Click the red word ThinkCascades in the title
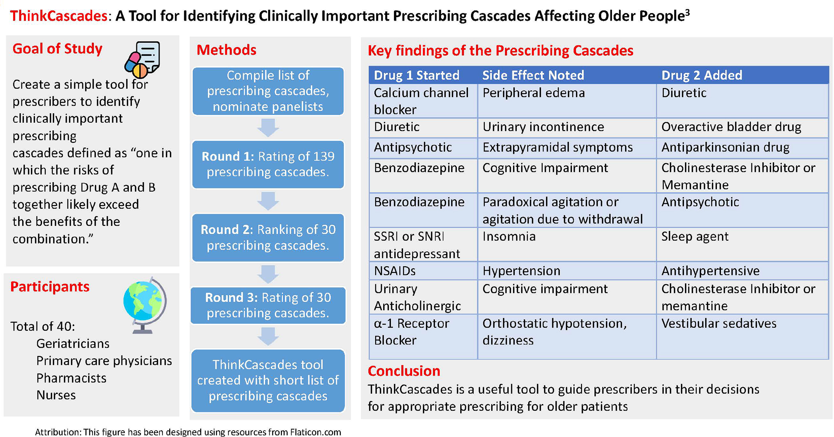coord(58,16)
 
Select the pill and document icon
coord(142,60)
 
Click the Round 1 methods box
coord(268,164)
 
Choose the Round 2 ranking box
coord(268,237)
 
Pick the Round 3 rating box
coord(268,305)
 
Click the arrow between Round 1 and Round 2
coord(268,201)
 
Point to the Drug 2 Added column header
coord(702,75)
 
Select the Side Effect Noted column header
coord(533,75)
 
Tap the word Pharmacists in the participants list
coord(71,378)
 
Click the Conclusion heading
coord(404,371)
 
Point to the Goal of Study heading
coord(58,48)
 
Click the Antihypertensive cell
coord(710,271)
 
